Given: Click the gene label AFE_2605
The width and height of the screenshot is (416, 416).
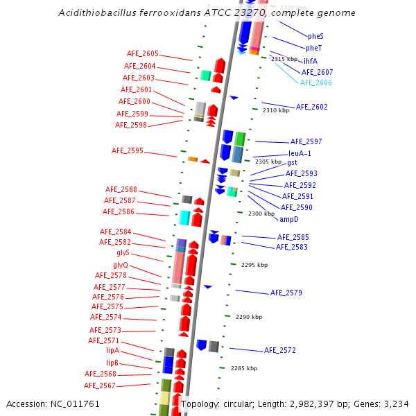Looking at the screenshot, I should pos(143,53).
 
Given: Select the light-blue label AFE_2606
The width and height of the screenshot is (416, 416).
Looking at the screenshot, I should pos(316,83).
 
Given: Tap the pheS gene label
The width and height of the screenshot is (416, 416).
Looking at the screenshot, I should pos(315,36).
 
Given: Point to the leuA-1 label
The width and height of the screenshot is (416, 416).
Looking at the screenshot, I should pos(300,154).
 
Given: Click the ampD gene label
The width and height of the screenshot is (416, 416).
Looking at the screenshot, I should pos(289,219).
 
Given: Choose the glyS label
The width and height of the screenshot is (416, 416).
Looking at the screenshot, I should pos(123,253).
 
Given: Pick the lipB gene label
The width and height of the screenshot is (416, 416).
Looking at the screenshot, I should pos(112,363).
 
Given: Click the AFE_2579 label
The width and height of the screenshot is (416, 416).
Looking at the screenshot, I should pos(286,293).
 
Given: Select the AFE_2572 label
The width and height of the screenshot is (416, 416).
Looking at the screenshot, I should pos(280,350).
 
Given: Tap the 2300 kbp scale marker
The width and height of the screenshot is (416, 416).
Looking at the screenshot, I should pos(261,214).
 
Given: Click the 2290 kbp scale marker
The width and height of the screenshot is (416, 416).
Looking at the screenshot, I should pos(249,317).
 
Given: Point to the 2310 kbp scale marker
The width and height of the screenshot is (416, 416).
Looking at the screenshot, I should pos(276,110).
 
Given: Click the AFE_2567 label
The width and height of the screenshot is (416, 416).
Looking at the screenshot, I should pos(100,385).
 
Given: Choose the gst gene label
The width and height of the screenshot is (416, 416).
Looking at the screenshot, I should pos(292,162).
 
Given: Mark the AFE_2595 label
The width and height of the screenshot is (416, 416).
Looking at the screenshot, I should pos(128,150).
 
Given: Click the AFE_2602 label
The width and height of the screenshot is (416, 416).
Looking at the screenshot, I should pos(312,107).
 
